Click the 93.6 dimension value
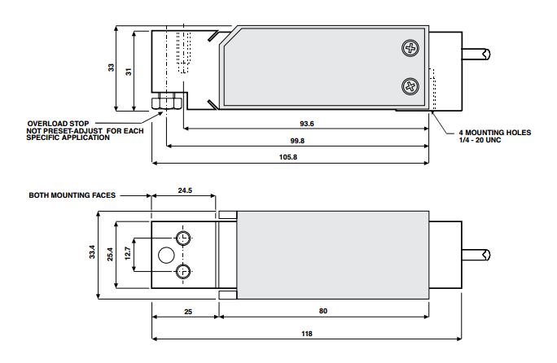306,124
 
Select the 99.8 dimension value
297,140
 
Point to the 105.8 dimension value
289,156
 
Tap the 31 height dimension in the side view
128,70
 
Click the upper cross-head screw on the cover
409,49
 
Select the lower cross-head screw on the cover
409,85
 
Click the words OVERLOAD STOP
57,123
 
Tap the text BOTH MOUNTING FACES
72,195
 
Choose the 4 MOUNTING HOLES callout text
494,132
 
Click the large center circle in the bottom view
165,254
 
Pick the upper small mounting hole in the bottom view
182,238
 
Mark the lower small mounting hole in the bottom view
182,271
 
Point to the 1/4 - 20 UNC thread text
481,139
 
